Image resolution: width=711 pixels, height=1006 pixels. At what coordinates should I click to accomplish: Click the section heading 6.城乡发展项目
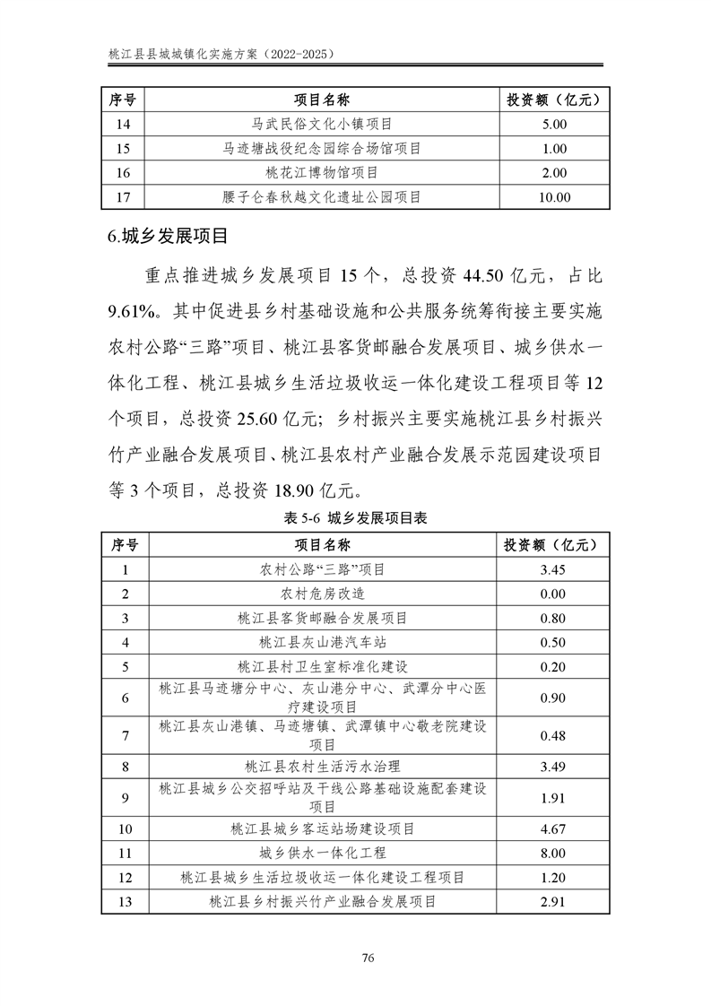166,237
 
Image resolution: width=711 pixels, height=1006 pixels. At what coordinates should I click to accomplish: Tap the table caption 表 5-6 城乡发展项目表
354,517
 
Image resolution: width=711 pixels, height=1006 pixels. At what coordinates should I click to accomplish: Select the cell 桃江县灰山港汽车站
322,642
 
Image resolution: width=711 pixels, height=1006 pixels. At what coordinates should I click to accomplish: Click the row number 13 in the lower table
125,902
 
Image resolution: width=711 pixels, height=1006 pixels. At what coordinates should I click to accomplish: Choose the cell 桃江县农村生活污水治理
322,767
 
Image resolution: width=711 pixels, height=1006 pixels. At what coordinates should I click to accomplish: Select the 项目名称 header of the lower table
322,544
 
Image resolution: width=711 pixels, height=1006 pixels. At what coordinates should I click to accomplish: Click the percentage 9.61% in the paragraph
133,311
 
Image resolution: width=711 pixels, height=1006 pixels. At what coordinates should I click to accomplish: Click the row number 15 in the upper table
125,148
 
